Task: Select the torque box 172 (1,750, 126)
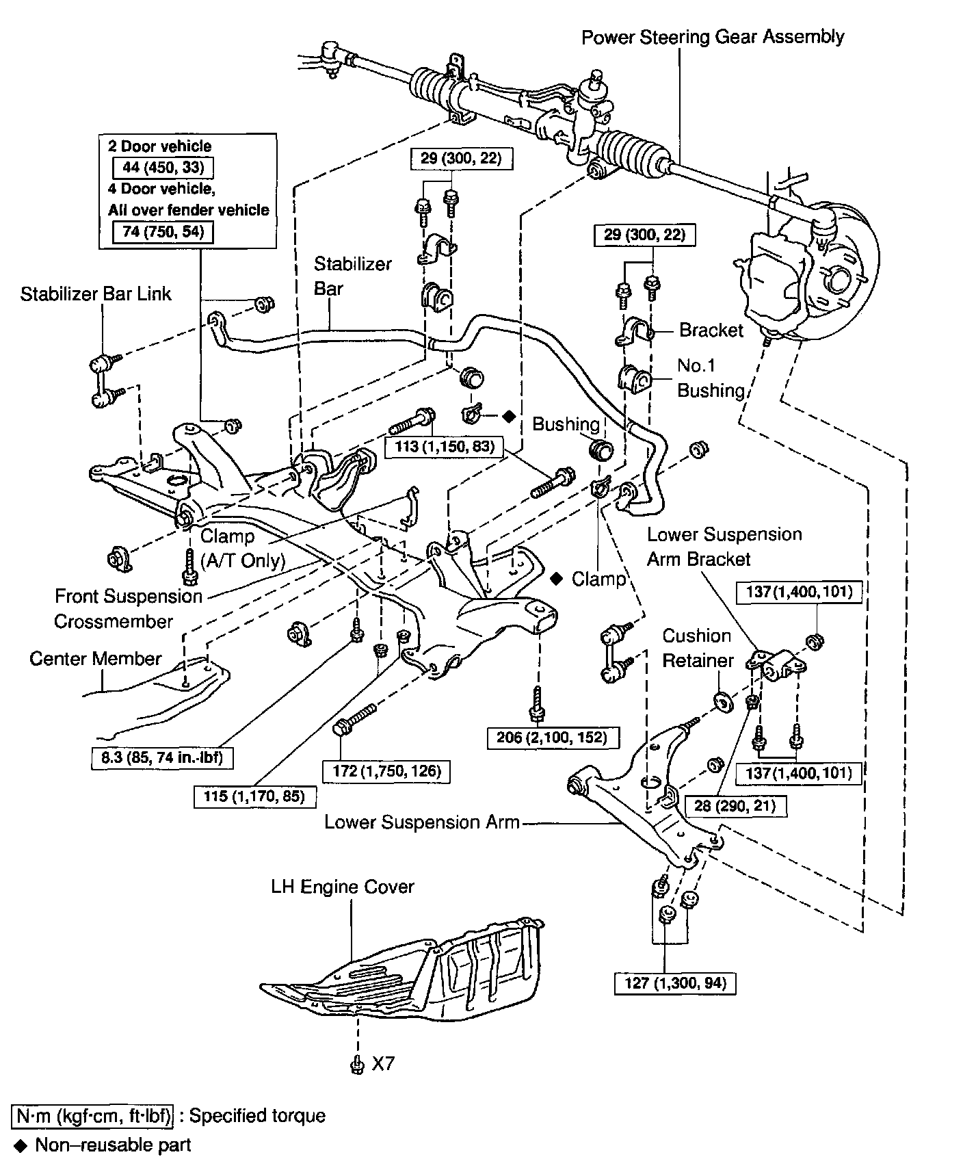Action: (x=386, y=772)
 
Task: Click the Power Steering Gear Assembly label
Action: (x=713, y=37)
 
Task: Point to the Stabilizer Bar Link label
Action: (x=96, y=294)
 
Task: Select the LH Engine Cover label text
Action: (x=343, y=887)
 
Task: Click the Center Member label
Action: (x=96, y=659)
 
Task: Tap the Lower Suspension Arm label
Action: (x=422, y=822)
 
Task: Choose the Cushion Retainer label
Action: (x=697, y=648)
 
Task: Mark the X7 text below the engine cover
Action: (x=383, y=1064)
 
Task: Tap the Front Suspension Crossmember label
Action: (x=128, y=609)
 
